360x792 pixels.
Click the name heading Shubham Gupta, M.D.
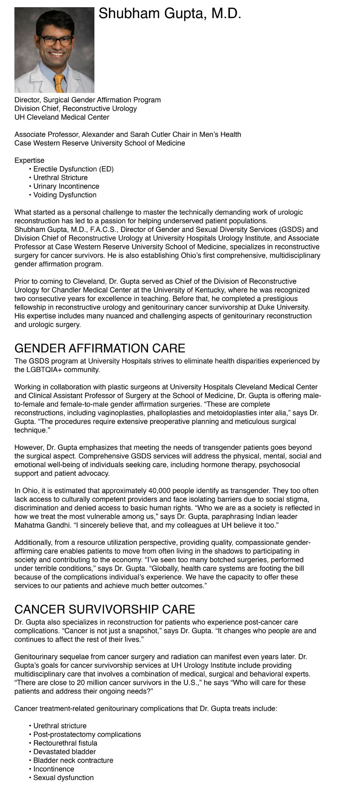tap(170, 14)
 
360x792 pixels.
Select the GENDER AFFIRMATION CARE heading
tap(100, 348)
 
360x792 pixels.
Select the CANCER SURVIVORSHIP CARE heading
tap(104, 609)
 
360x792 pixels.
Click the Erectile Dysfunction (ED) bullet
tap(73, 169)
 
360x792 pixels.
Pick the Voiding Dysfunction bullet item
tap(64, 195)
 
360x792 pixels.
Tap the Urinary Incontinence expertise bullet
tap(66, 186)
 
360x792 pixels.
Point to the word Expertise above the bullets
tap(29, 160)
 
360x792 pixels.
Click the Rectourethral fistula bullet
tap(65, 743)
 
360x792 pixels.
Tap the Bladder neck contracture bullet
tap(73, 760)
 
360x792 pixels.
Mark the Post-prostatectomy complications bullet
tap(87, 734)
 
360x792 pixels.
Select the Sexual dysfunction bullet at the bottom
tap(63, 778)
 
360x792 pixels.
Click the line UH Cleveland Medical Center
tap(62, 117)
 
